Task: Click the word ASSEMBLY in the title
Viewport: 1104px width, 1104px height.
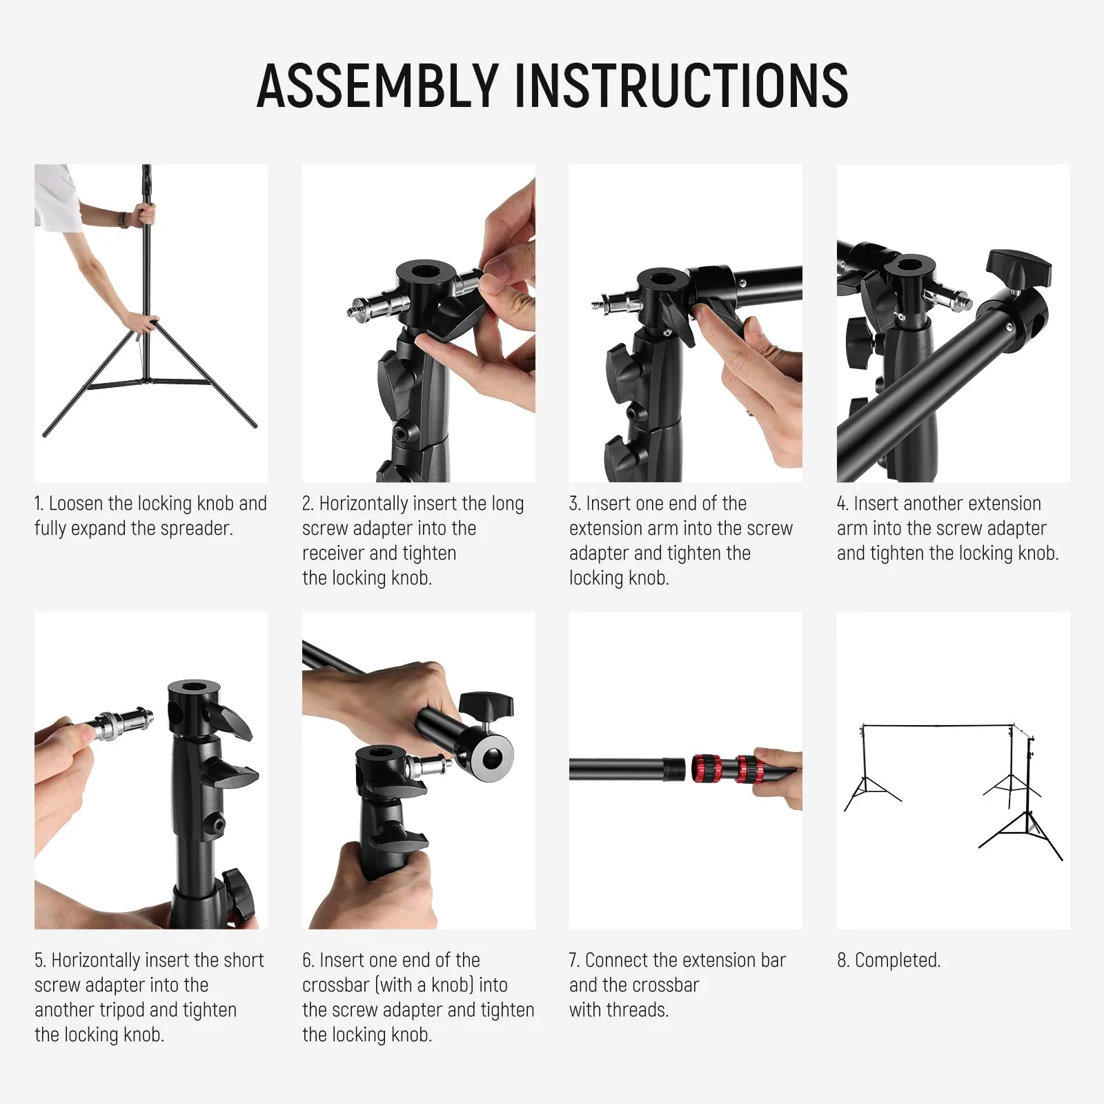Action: [377, 86]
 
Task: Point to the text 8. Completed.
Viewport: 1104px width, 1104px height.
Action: [889, 960]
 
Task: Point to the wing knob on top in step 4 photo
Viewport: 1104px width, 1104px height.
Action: [1018, 268]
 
